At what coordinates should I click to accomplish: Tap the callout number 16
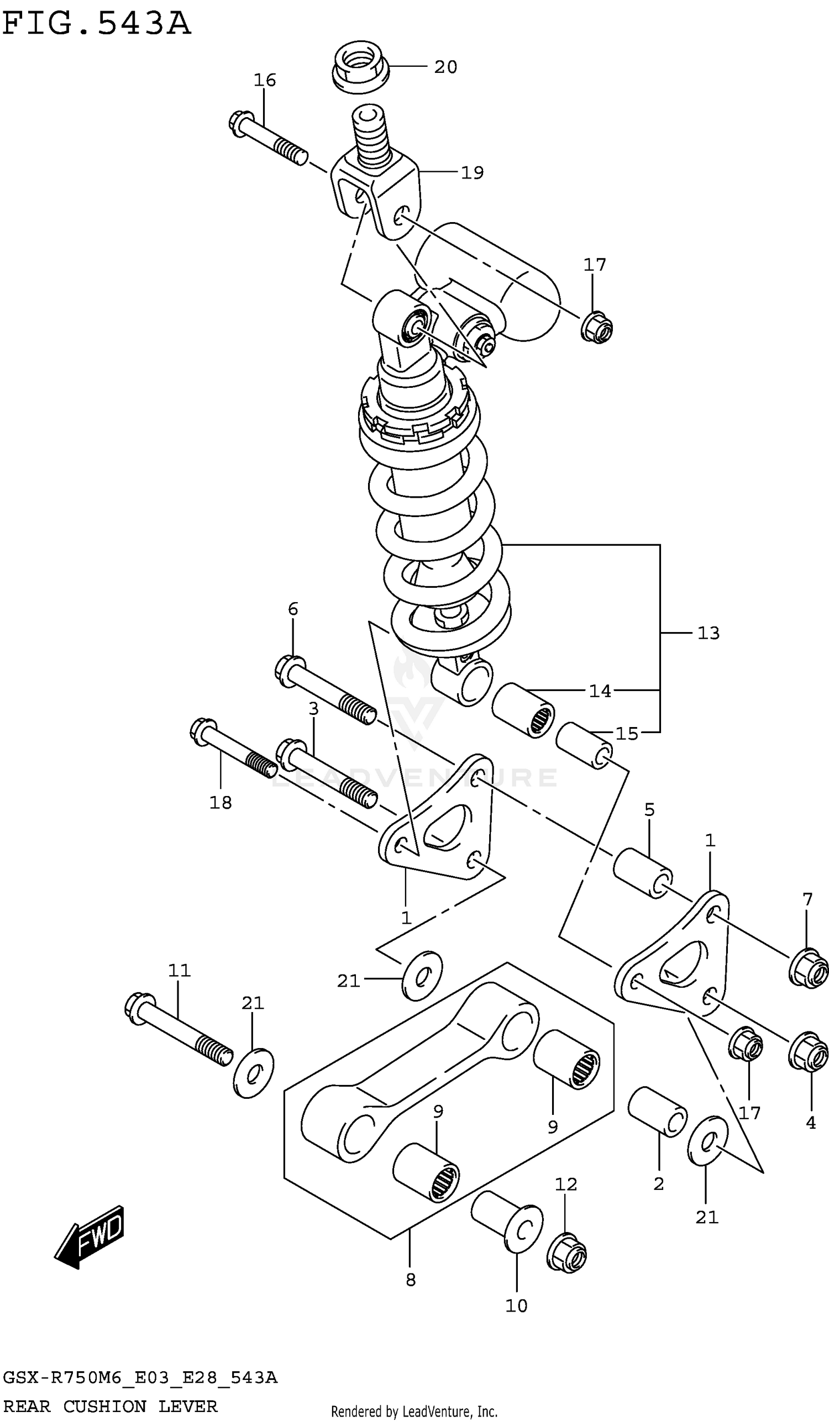click(x=264, y=80)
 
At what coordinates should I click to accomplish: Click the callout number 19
click(x=473, y=173)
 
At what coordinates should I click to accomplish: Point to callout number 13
click(x=708, y=633)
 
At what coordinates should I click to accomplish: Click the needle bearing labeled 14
click(x=523, y=710)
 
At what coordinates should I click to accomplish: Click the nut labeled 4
click(x=808, y=1051)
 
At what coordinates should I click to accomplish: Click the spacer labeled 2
click(x=658, y=1111)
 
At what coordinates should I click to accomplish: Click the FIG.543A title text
click(x=96, y=24)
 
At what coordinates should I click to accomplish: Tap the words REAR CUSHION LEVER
click(x=110, y=1406)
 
